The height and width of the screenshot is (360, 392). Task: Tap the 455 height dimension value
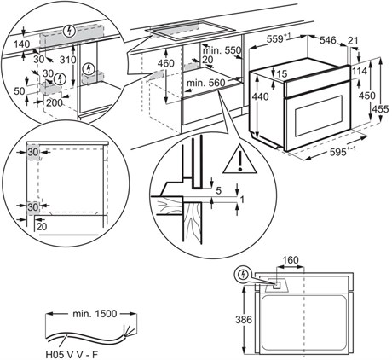coord(381,109)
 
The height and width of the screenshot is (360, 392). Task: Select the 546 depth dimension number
coord(328,41)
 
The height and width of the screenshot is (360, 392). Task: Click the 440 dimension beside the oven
coord(260,96)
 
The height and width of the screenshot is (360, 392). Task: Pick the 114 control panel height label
coord(360,71)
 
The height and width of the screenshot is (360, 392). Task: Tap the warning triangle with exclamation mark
coord(240,160)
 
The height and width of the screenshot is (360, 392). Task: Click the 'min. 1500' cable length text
coord(95,314)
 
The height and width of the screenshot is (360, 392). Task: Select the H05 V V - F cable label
coord(72,355)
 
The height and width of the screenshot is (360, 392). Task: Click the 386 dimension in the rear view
coord(244,320)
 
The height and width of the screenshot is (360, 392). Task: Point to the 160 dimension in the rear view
coord(291,260)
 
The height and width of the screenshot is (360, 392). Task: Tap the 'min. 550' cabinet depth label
coord(222,50)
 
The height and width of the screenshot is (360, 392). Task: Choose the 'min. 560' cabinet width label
coord(206,83)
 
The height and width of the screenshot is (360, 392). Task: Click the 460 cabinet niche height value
coord(166,63)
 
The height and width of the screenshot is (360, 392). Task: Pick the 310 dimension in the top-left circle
coord(68,60)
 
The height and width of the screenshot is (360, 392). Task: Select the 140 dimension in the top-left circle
coord(21,44)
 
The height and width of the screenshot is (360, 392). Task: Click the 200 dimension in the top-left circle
coord(55,102)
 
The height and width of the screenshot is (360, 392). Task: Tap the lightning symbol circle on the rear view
coord(242,275)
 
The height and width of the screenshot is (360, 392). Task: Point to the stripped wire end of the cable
coord(130,330)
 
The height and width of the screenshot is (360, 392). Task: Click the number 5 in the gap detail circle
coord(218,190)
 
